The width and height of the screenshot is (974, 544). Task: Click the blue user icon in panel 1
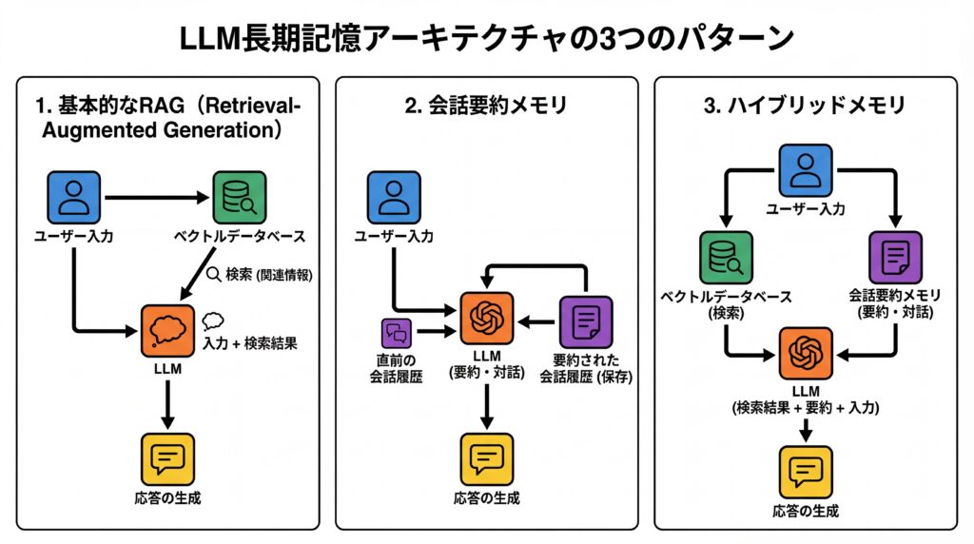(x=73, y=198)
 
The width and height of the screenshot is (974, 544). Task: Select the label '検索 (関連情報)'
(x=260, y=275)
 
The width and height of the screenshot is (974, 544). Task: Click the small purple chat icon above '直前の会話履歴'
(x=395, y=333)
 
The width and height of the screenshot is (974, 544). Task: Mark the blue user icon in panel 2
(x=394, y=198)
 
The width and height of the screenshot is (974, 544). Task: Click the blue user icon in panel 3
(x=805, y=171)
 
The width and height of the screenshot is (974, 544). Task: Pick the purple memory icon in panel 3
(x=895, y=258)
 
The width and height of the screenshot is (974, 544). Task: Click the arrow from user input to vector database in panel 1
(x=157, y=198)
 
